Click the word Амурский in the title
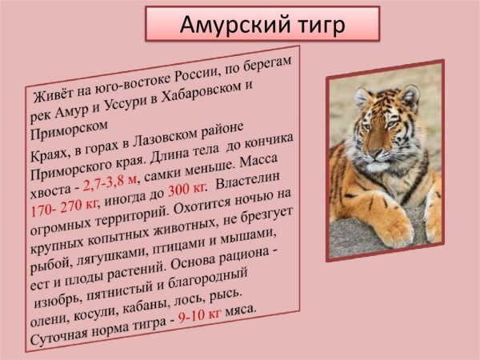point(234,25)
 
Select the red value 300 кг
point(186,190)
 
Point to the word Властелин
point(248,181)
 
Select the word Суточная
point(59,334)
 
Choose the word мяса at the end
point(240,310)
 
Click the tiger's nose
point(376,152)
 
